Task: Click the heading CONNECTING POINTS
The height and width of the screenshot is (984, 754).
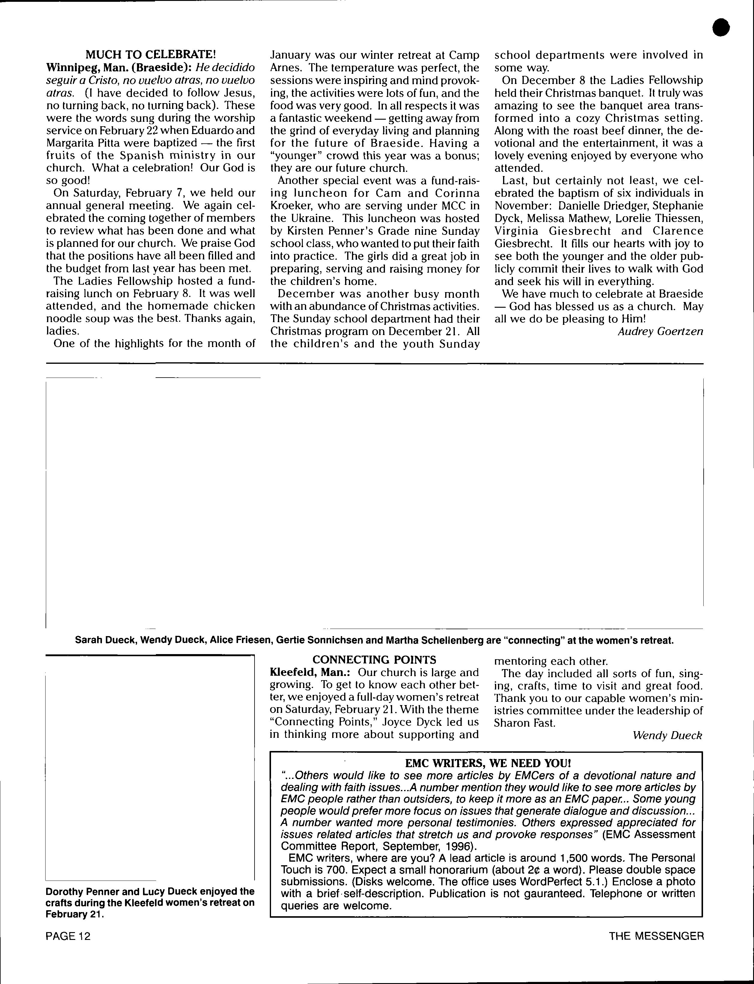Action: [x=374, y=659]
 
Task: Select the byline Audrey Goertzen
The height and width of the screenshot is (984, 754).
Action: [x=660, y=331]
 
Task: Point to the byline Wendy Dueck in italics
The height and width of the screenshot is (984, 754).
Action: [x=667, y=735]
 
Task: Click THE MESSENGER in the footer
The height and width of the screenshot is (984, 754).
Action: [x=656, y=936]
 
